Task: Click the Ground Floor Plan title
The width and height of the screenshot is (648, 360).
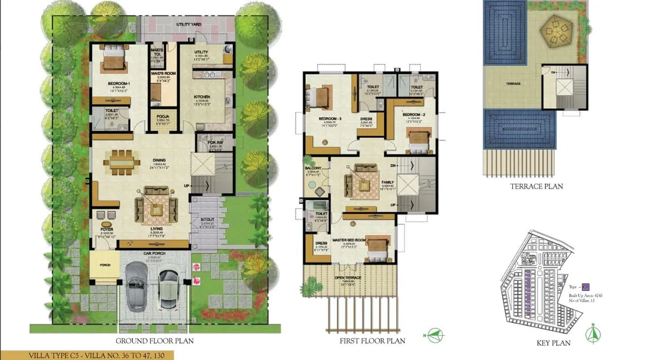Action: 154,341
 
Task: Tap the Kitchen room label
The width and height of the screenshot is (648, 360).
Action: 202,97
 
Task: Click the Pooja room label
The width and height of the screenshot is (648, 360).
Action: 159,117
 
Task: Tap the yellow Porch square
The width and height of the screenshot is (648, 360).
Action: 105,265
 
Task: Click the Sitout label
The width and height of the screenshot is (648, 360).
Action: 207,220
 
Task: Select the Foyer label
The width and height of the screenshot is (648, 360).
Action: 107,229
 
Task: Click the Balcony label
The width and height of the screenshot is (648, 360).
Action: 313,168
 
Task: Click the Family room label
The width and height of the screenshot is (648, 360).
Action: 387,182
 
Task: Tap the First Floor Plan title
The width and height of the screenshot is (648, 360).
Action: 372,341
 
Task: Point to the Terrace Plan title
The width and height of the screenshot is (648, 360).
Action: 536,186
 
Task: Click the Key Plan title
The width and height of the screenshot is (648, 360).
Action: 553,343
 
